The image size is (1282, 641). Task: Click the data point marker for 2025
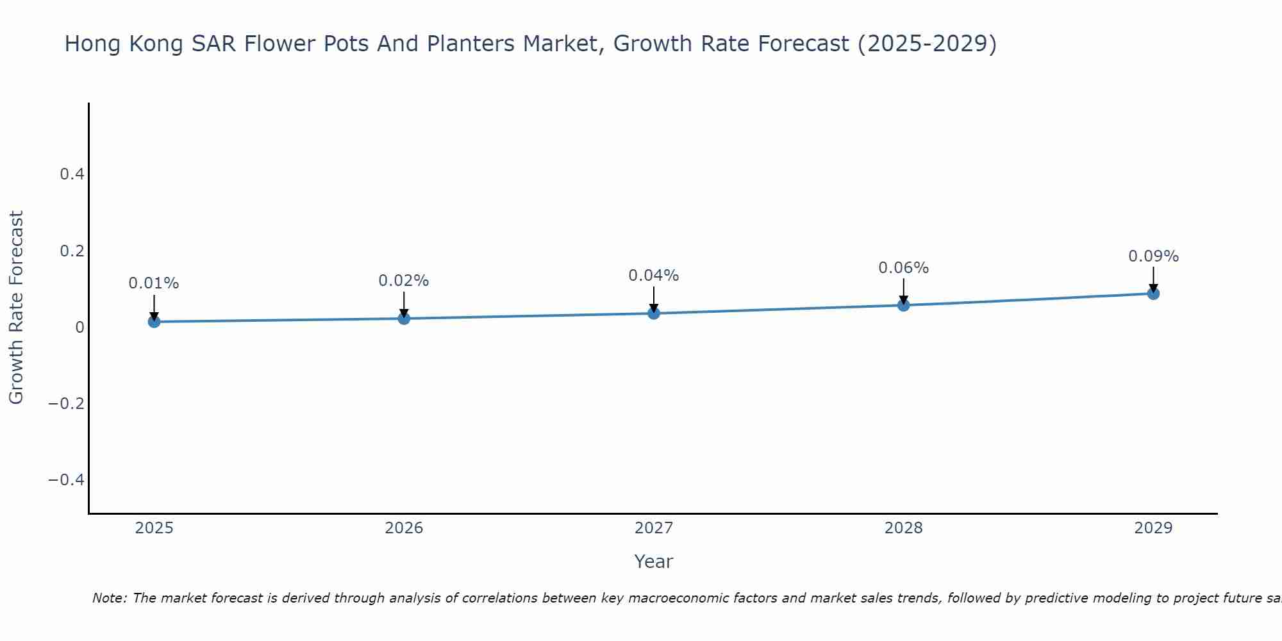click(x=154, y=321)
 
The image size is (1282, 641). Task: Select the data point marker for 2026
click(x=404, y=318)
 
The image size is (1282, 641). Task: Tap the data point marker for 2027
click(x=654, y=313)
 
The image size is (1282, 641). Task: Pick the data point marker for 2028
click(x=903, y=305)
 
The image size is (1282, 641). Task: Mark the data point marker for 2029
click(x=1153, y=294)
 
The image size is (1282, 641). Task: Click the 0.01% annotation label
click(x=154, y=283)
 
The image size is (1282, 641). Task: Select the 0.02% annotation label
click(x=404, y=281)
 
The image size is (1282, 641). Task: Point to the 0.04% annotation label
click(x=654, y=276)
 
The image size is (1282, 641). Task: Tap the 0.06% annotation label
click(x=903, y=268)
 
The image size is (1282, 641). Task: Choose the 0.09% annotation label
click(x=1153, y=256)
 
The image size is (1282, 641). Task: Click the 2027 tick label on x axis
click(x=654, y=528)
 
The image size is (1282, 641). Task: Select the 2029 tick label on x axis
click(x=1153, y=528)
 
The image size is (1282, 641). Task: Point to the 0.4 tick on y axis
click(x=72, y=174)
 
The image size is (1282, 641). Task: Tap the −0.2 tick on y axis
click(x=67, y=403)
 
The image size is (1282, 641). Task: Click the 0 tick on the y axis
click(x=80, y=327)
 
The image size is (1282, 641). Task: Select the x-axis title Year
click(x=654, y=562)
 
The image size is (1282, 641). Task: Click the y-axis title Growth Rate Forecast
click(x=16, y=308)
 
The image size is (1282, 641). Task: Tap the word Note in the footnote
click(x=110, y=598)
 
